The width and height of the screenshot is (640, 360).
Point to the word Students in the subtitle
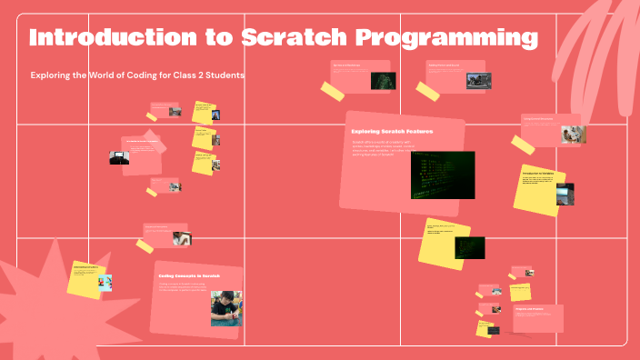pyautogui.click(x=223, y=75)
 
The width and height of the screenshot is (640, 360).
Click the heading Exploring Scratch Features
pyautogui.click(x=392, y=132)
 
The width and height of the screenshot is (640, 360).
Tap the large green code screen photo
pyautogui.click(x=442, y=175)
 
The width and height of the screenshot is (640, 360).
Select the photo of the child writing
pyautogui.click(x=226, y=308)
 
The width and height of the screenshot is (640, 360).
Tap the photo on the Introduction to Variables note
pyautogui.click(x=565, y=194)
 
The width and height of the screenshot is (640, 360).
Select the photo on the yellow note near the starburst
pyautogui.click(x=104, y=283)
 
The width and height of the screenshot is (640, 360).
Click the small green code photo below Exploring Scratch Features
pyautogui.click(x=469, y=247)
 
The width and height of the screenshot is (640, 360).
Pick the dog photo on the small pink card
pyautogui.click(x=573, y=135)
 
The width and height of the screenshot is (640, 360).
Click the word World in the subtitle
pyautogui.click(x=96, y=75)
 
